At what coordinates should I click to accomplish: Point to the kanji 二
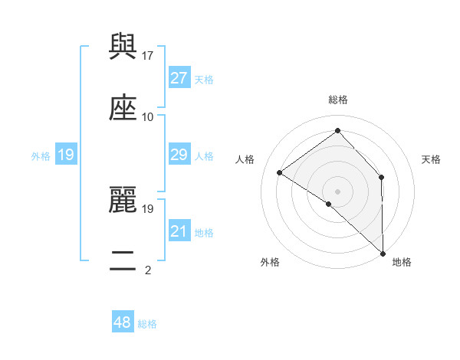click(123, 260)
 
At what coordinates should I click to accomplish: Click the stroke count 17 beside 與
click(149, 55)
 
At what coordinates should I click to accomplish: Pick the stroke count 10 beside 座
click(148, 116)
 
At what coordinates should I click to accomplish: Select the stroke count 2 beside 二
click(148, 270)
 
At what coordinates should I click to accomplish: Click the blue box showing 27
click(179, 78)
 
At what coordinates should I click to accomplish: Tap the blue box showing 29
click(179, 155)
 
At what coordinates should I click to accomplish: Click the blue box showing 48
click(123, 323)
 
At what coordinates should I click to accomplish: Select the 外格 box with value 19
click(66, 155)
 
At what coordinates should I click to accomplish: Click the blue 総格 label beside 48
click(148, 324)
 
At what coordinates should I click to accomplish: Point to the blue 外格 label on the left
click(41, 156)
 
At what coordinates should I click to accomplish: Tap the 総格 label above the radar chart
click(338, 100)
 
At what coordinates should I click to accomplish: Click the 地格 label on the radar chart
click(402, 262)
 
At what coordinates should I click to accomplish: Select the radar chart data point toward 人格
click(280, 172)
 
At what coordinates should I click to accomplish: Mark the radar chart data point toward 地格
click(383, 253)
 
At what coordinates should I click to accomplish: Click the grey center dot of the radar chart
click(338, 191)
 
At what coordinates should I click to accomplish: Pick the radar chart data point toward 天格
click(381, 178)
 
